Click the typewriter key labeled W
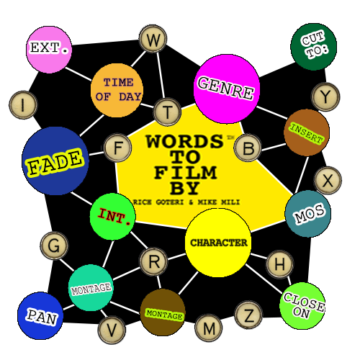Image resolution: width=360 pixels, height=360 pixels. click(x=153, y=39)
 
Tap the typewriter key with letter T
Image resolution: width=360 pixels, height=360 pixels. click(x=167, y=112)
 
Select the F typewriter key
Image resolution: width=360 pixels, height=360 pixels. click(x=117, y=148)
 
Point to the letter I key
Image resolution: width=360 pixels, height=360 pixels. click(x=23, y=105)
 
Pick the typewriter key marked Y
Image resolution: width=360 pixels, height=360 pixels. click(x=325, y=96)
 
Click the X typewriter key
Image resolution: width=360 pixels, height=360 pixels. click(x=328, y=180)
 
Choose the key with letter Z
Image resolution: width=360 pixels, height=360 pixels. click(x=248, y=315)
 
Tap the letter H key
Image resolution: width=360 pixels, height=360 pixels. click(x=280, y=264)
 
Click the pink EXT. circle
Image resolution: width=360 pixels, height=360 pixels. click(x=49, y=50)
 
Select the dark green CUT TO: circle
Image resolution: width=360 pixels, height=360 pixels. click(x=314, y=47)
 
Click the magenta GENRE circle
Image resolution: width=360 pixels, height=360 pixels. click(x=227, y=89)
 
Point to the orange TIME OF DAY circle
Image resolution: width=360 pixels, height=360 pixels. click(x=117, y=90)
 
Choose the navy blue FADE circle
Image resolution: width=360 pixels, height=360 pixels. click(x=55, y=161)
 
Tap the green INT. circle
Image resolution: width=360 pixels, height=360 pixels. click(x=113, y=217)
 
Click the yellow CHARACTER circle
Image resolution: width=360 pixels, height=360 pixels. click(x=218, y=243)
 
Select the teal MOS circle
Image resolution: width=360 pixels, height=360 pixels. click(x=308, y=214)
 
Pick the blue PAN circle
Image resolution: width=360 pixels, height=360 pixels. click(x=40, y=316)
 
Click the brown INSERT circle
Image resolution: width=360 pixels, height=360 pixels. click(x=307, y=132)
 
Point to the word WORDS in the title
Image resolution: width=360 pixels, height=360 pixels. click(x=184, y=141)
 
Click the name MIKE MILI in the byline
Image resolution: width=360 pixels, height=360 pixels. click(x=218, y=202)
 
